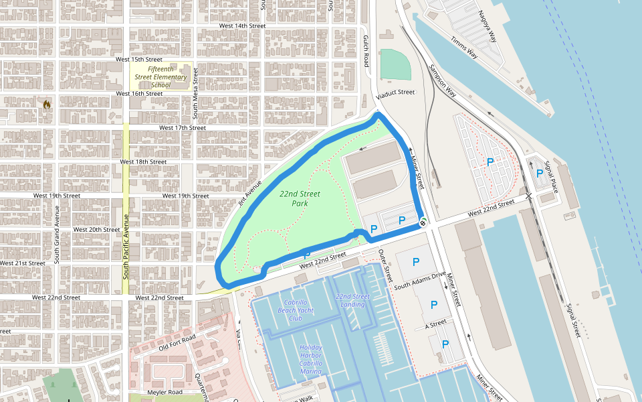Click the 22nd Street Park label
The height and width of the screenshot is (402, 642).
pos(300,198)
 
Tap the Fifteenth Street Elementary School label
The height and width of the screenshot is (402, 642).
pos(160,77)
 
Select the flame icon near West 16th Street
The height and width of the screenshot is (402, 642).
pos(46,105)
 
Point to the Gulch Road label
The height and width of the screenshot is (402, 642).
pos(366,51)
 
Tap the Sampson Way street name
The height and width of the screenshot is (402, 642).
pos(442,82)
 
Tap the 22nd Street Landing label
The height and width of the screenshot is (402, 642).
pos(352,301)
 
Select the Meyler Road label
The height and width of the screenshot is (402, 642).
pos(165,392)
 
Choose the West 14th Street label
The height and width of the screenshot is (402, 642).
pos(243,25)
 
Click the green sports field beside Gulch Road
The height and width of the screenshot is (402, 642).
pos(395,64)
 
